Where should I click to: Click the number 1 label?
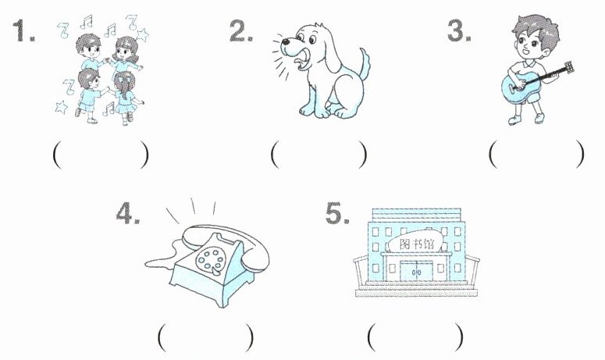[x=23, y=30]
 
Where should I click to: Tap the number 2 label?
[x=241, y=31]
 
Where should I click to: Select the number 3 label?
[x=459, y=30]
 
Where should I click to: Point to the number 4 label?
[x=128, y=213]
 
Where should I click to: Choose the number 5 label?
[x=337, y=213]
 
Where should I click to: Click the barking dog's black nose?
[x=285, y=41]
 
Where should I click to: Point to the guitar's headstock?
[x=569, y=68]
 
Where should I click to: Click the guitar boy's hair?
[x=538, y=29]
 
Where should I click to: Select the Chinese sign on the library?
[x=416, y=244]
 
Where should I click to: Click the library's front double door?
[x=416, y=271]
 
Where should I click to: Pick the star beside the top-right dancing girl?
[x=142, y=34]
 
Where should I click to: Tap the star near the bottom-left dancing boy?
[x=62, y=107]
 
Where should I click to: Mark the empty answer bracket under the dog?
[x=319, y=155]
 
